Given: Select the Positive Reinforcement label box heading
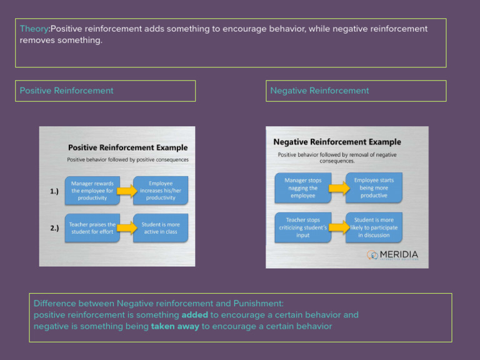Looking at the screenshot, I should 67,91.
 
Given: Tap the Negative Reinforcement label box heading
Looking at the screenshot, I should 319,91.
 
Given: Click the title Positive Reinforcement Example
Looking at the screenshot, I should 127,148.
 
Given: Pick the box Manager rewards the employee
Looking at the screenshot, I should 92,191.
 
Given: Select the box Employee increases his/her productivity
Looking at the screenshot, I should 161,191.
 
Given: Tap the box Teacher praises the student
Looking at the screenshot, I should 92,228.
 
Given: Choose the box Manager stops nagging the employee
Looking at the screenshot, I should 303,187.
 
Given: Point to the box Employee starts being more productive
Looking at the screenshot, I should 374,187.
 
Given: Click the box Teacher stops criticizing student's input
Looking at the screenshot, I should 303,227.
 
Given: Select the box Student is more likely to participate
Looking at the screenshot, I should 374,227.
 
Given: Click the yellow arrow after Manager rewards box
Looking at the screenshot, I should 127,191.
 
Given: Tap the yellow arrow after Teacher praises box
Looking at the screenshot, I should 127,228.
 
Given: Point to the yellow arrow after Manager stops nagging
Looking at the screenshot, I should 339,187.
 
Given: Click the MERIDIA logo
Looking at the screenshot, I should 392,255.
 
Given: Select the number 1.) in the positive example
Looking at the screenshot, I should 54,191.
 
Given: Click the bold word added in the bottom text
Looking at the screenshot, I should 194,314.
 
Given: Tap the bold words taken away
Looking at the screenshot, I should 175,326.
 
